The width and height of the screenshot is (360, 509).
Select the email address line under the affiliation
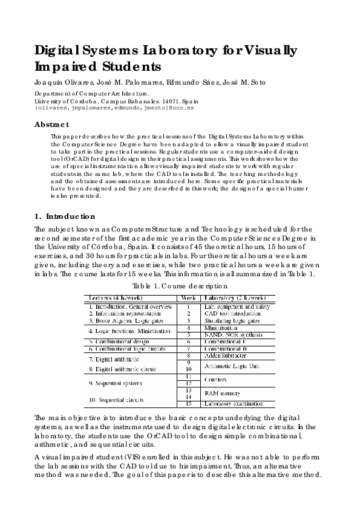(x=114, y=108)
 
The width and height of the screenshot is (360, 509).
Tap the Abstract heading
(x=51, y=124)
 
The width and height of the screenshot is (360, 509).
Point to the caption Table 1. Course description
(x=180, y=285)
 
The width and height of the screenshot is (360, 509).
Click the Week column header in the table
(x=188, y=298)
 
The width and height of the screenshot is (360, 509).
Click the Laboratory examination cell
(x=233, y=403)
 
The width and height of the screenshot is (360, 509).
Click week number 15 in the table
(x=188, y=403)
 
